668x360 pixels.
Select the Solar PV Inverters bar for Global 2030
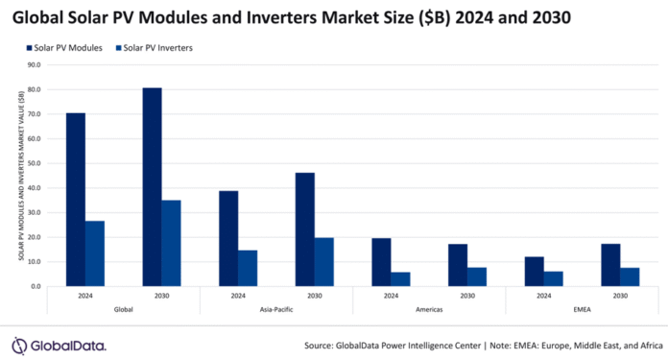tap(171, 243)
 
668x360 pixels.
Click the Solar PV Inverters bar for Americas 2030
tap(477, 276)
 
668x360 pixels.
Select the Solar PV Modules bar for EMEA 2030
tap(610, 265)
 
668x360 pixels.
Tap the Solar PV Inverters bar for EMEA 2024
tap(554, 278)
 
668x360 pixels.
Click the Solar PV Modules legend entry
tap(61, 48)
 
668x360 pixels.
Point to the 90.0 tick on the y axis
tap(35, 65)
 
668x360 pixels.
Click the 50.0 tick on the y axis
tap(35, 163)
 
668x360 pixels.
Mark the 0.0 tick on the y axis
tap(36, 286)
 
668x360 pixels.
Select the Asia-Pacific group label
tap(276, 309)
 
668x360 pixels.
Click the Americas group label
tap(429, 309)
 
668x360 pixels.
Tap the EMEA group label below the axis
tap(582, 309)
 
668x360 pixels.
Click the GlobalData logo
tap(59, 345)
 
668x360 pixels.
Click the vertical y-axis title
tap(20, 176)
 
